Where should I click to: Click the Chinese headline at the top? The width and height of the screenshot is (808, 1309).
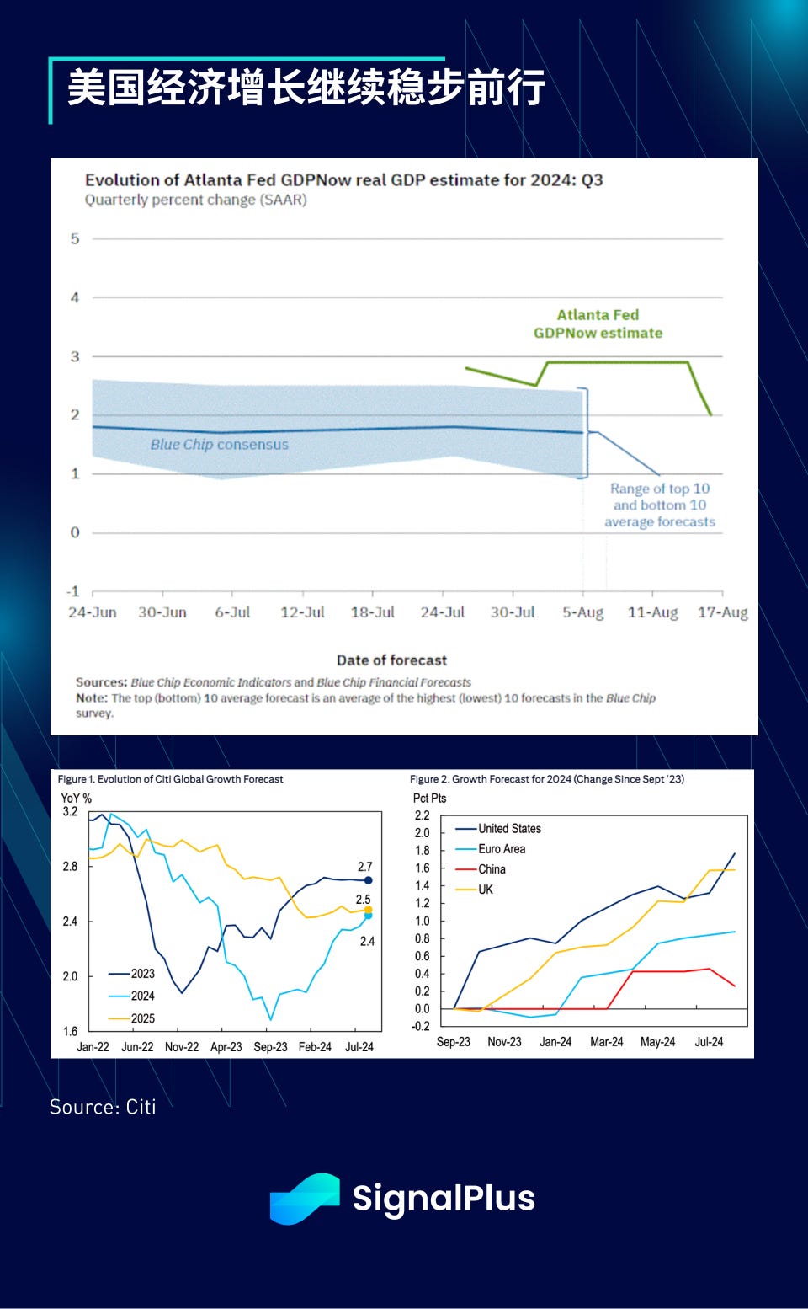[x=306, y=88]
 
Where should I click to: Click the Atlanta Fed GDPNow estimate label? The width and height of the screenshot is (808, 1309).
[x=598, y=324]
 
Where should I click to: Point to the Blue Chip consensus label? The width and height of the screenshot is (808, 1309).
[x=219, y=445]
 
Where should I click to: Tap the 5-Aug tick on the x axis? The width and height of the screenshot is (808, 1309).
[x=582, y=612]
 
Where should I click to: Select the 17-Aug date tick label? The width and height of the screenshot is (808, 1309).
[x=722, y=612]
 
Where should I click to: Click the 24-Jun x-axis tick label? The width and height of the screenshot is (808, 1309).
[x=93, y=612]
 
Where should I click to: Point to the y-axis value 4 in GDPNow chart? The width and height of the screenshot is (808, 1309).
[x=75, y=297]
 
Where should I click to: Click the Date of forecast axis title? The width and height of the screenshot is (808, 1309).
[x=391, y=660]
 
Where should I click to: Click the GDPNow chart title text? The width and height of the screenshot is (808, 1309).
[x=343, y=180]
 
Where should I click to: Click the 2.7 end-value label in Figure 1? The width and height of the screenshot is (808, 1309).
[x=364, y=867]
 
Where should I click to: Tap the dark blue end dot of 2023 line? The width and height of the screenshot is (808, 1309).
[x=368, y=880]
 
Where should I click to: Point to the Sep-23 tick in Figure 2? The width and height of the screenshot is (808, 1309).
[x=453, y=1042]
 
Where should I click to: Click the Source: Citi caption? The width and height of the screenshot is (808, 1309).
[x=103, y=1107]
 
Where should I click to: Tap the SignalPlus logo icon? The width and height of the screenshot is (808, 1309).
[x=304, y=1199]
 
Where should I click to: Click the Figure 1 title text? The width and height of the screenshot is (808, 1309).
[x=170, y=779]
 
